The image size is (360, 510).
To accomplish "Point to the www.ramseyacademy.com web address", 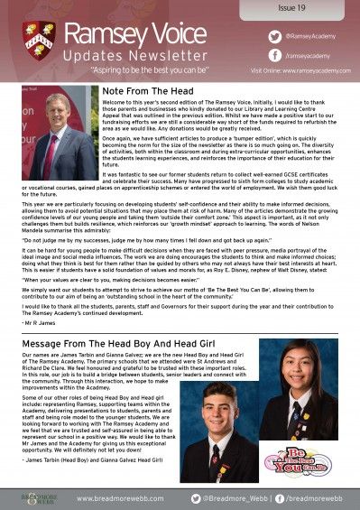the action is [306, 69].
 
